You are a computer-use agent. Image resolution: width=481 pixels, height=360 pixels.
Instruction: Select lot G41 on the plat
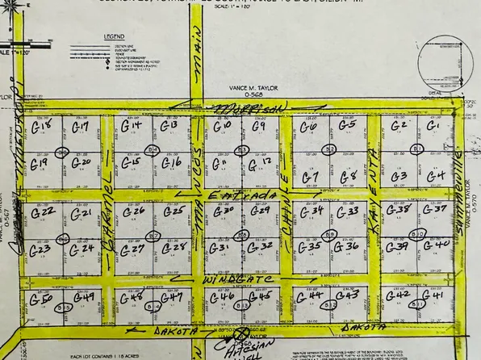tap(433, 295)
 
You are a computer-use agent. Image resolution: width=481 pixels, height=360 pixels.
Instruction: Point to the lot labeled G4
tap(436, 175)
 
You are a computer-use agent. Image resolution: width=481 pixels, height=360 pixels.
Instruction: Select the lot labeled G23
tap(40, 249)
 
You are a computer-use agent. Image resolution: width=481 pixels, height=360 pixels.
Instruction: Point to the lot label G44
tap(310, 296)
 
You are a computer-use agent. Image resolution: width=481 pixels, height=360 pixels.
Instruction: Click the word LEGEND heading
tap(115, 37)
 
